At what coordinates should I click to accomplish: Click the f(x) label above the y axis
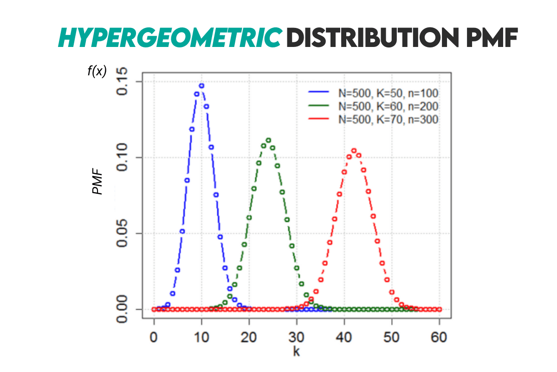click(x=97, y=71)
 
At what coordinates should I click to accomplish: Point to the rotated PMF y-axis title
click(x=97, y=182)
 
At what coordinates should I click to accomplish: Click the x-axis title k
click(x=296, y=352)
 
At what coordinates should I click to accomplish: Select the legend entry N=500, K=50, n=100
click(x=388, y=93)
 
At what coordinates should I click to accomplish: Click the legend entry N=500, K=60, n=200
click(x=388, y=106)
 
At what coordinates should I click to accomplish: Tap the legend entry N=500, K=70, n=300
click(x=388, y=119)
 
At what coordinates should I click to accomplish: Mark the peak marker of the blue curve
click(x=201, y=86)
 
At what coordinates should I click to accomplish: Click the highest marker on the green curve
click(x=268, y=140)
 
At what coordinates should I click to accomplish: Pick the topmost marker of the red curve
click(x=354, y=151)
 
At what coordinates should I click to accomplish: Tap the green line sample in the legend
click(x=320, y=106)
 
